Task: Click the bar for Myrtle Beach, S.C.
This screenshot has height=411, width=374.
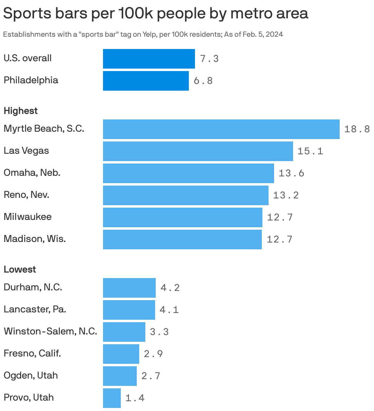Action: click(x=221, y=129)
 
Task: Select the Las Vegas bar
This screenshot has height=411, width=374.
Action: click(x=198, y=151)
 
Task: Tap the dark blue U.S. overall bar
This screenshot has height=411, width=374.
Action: click(x=149, y=59)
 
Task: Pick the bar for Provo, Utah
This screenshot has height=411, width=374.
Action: click(x=112, y=398)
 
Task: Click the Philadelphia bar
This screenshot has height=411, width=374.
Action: click(x=146, y=81)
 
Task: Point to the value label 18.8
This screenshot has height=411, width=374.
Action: click(x=357, y=129)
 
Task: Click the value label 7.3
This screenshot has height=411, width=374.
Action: click(x=209, y=59)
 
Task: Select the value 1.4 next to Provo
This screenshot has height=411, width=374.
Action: click(x=135, y=398)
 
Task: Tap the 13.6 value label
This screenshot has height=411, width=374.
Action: click(x=291, y=173)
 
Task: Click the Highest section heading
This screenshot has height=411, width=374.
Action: click(x=21, y=111)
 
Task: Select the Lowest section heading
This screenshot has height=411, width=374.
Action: click(x=20, y=270)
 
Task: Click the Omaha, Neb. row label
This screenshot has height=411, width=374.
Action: click(x=32, y=173)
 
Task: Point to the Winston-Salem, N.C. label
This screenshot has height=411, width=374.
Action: click(x=50, y=331)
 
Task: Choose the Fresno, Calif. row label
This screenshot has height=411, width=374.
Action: click(x=32, y=353)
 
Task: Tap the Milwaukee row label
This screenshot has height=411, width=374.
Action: click(x=28, y=217)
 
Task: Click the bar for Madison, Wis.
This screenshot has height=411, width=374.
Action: click(x=182, y=239)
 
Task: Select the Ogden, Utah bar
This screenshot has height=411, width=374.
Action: click(x=120, y=376)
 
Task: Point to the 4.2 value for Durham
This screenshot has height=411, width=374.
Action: click(x=170, y=288)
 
